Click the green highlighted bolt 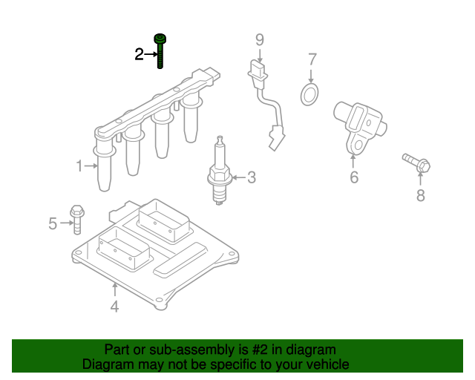pyautogui.click(x=160, y=51)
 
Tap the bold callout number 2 pyautogui.click(x=139, y=54)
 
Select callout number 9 pyautogui.click(x=260, y=40)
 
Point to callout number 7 pyautogui.click(x=312, y=59)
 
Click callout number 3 pyautogui.click(x=252, y=177)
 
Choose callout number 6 pyautogui.click(x=354, y=177)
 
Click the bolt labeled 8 pyautogui.click(x=417, y=163)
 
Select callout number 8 pyautogui.click(x=421, y=195)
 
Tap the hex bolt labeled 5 pyautogui.click(x=77, y=220)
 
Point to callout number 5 pyautogui.click(x=53, y=223)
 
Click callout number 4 pyautogui.click(x=114, y=307)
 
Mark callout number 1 pyautogui.click(x=79, y=166)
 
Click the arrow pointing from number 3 pyautogui.click(x=239, y=177)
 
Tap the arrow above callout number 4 pyautogui.click(x=115, y=289)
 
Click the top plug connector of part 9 pyautogui.click(x=258, y=70)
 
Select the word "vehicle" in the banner pyautogui.click(x=330, y=364)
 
